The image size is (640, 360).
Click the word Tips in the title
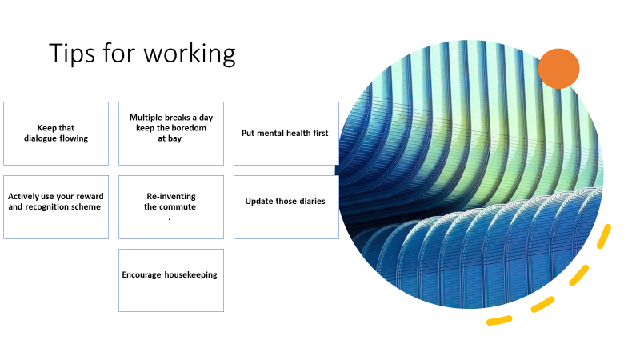point(73,54)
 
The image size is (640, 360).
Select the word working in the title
point(190,54)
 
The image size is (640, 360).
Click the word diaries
point(310,202)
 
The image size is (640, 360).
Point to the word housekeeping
point(191,275)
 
